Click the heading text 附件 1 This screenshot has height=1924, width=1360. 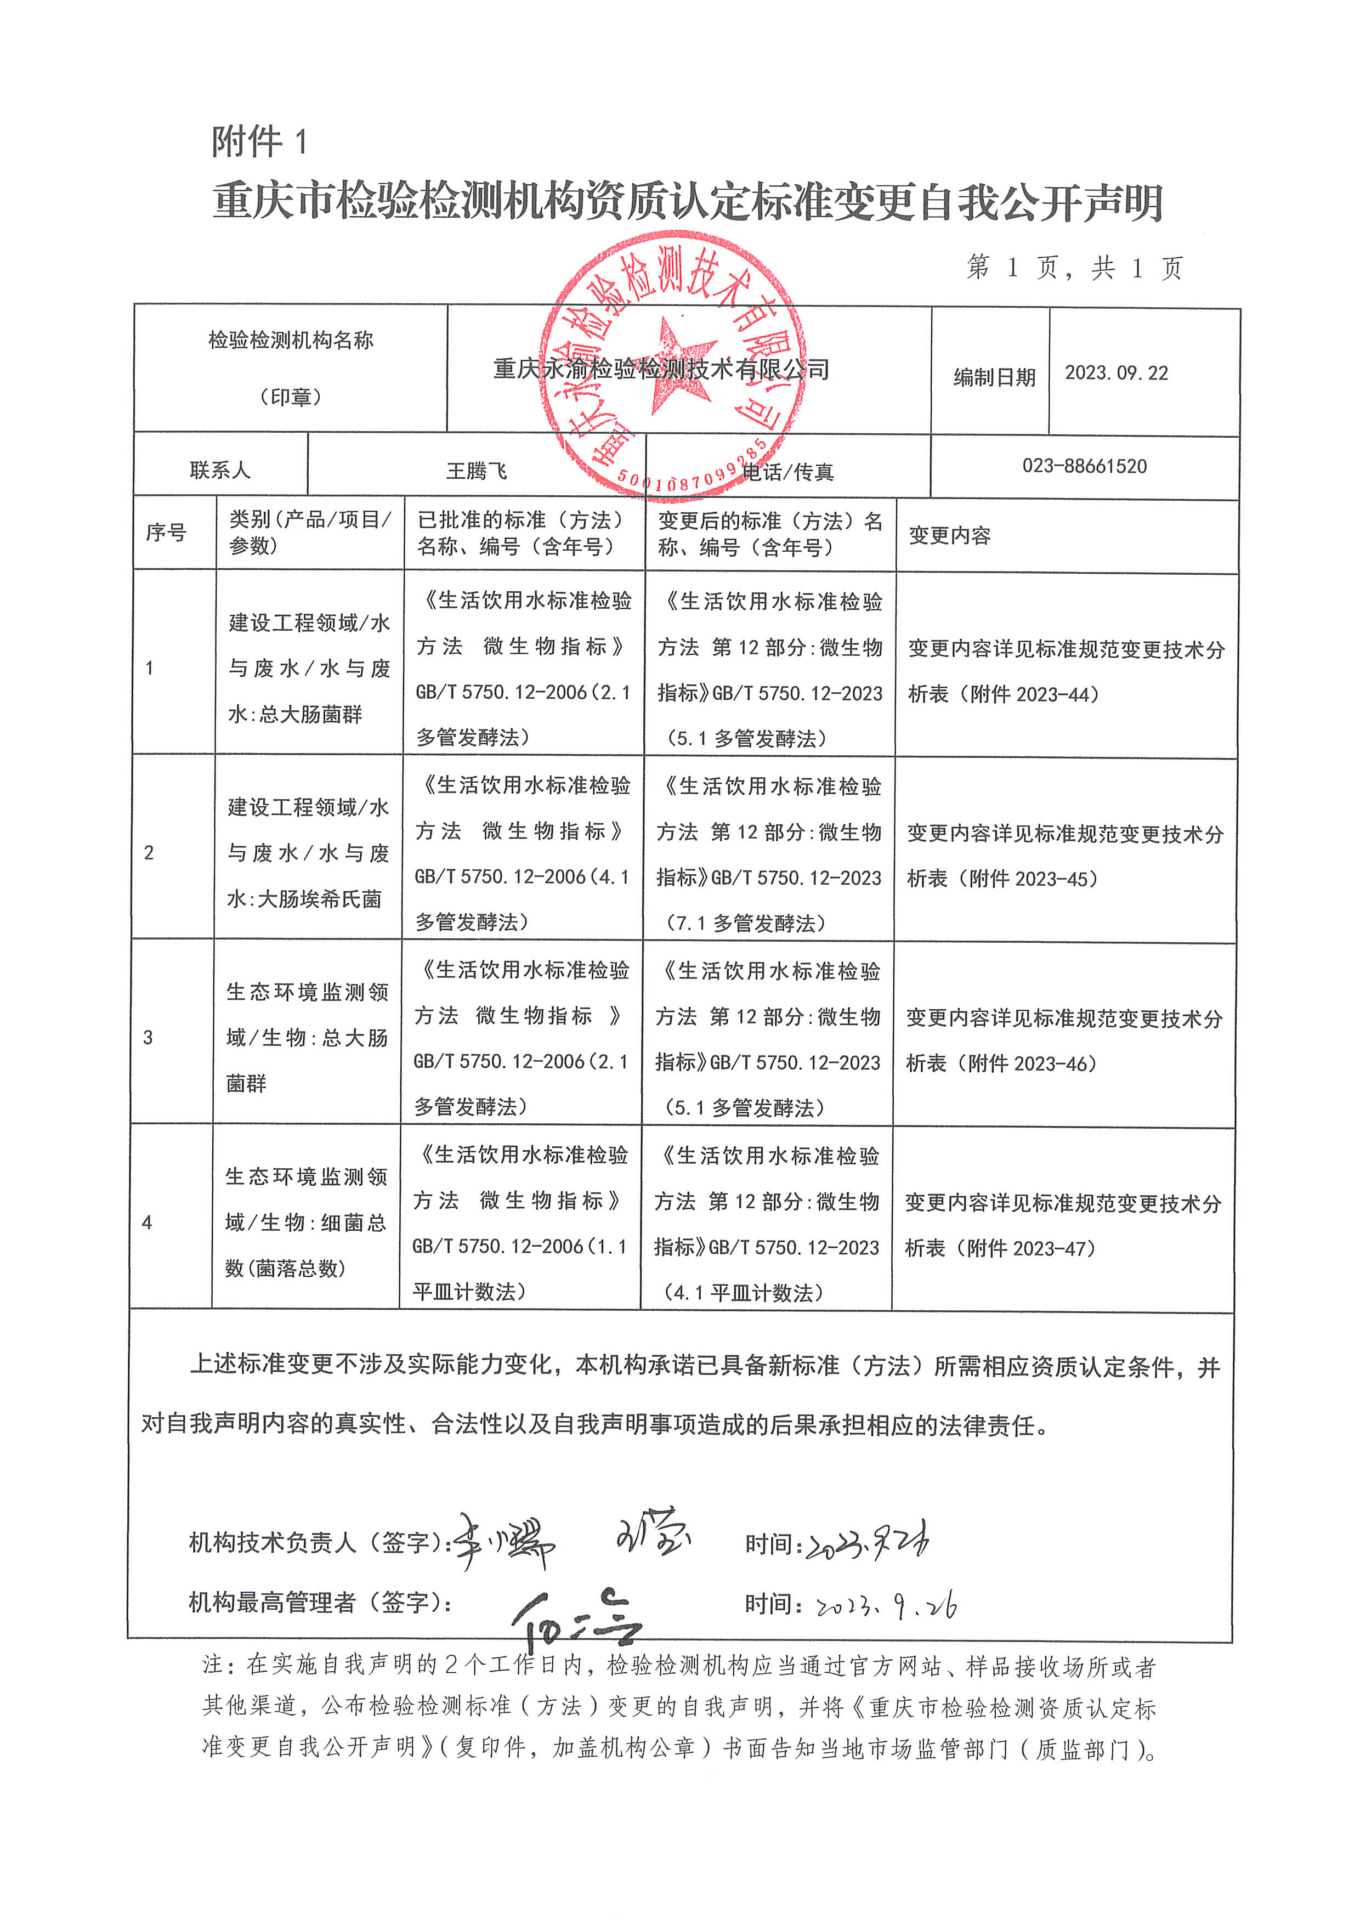(x=260, y=142)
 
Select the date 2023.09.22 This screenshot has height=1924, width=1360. (x=1116, y=373)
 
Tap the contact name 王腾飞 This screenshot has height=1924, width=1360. (x=477, y=471)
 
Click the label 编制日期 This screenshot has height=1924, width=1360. (x=994, y=378)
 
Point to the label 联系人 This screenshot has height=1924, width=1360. (x=219, y=470)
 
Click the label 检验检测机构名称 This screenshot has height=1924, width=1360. (x=291, y=340)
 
